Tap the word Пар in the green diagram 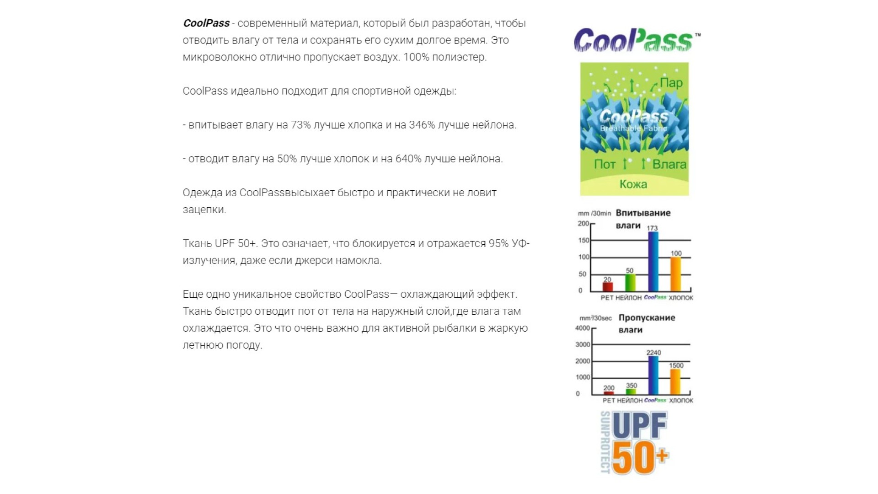pos(671,83)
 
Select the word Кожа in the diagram pos(633,184)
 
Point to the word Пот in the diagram pos(605,164)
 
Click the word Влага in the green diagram pos(669,164)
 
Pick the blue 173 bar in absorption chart pos(653,262)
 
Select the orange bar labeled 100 pos(675,274)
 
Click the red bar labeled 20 pos(607,287)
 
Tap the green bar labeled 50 pos(630,283)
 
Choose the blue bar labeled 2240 pos(653,375)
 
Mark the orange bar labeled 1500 pos(675,381)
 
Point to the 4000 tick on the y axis pos(583,328)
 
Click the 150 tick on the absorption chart pos(584,240)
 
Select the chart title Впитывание pos(643,213)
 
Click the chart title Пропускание pos(647,317)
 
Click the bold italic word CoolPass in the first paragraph pos(206,23)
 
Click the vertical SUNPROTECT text pos(605,442)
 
